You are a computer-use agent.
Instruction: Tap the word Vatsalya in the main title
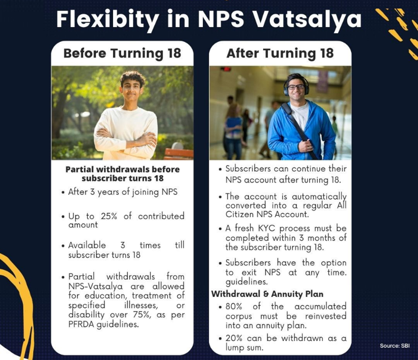coord(306,19)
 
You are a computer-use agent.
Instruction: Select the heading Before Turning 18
coord(122,53)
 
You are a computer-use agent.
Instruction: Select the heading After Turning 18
coord(280,53)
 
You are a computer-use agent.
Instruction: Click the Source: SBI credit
coord(395,346)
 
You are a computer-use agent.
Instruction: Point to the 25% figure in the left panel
coord(109,216)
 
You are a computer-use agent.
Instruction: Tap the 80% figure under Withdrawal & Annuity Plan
coord(234,306)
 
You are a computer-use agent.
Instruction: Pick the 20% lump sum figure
coord(234,338)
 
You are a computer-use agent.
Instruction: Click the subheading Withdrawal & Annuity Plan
coord(267,294)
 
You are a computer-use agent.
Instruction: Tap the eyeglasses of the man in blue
coord(296,87)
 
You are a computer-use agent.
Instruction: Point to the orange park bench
coord(179,153)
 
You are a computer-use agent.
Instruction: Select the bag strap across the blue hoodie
coord(300,131)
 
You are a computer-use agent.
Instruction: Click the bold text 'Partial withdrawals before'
coord(123,169)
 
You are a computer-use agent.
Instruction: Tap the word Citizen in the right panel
coord(240,214)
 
